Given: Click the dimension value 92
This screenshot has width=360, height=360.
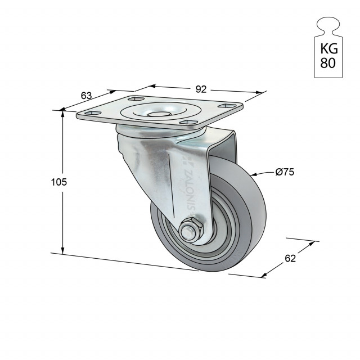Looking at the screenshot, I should click(201, 89).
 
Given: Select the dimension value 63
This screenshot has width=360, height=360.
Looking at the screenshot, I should click(86, 96).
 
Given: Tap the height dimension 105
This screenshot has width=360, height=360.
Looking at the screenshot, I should click(59, 182).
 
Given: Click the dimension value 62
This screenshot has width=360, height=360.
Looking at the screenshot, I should click(290, 259).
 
